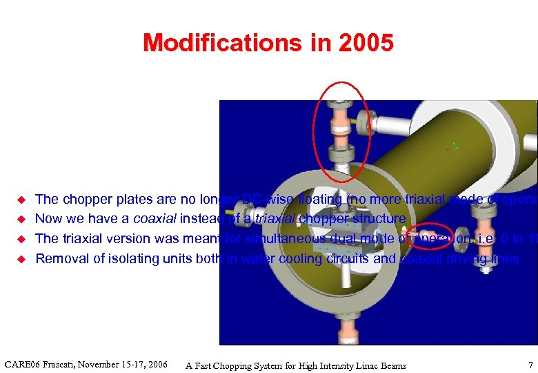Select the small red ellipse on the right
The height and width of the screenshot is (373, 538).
tap(430, 236)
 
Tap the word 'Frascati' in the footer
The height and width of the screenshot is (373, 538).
tap(64, 364)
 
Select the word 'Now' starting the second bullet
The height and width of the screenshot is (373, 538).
tap(48, 219)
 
